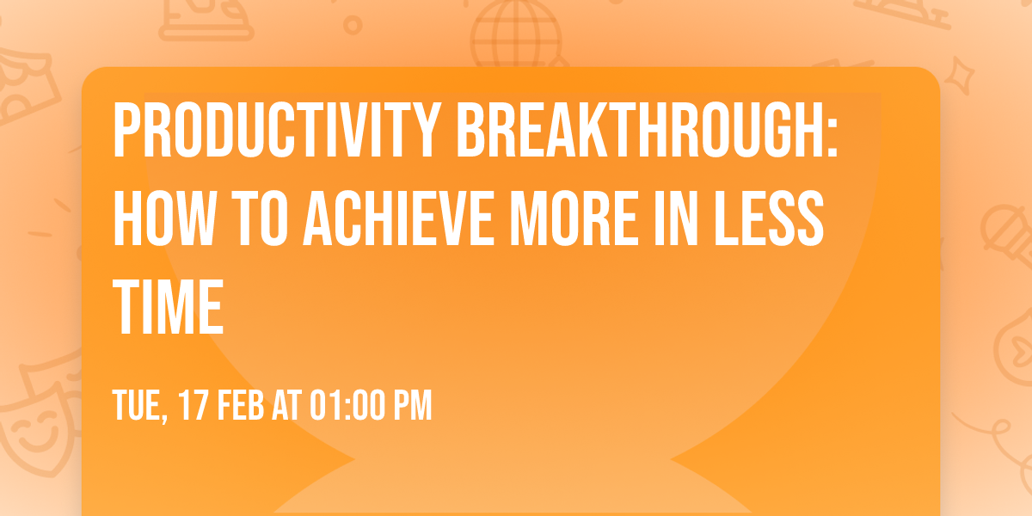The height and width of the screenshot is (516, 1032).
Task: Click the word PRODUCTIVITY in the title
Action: (x=275, y=131)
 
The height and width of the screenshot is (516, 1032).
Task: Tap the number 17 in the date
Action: (x=194, y=405)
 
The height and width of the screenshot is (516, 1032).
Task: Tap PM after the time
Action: (x=411, y=405)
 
